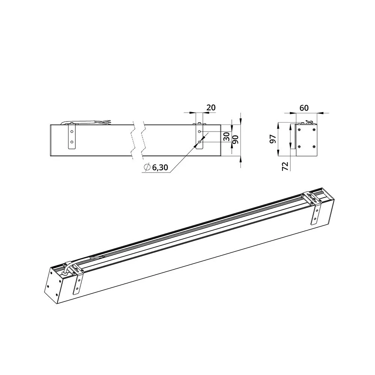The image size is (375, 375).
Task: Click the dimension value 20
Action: [x=211, y=108]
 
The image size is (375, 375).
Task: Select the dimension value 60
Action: [x=304, y=108]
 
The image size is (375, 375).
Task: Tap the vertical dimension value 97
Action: [x=273, y=139]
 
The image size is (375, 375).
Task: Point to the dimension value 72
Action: [x=285, y=166]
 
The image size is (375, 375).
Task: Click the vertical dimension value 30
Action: [x=226, y=136]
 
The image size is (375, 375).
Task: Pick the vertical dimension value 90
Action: [x=235, y=139]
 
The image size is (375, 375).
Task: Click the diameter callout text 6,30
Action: [x=160, y=167]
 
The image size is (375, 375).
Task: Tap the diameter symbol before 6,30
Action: [x=147, y=167]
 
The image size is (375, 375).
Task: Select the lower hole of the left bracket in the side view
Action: [x=72, y=142]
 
